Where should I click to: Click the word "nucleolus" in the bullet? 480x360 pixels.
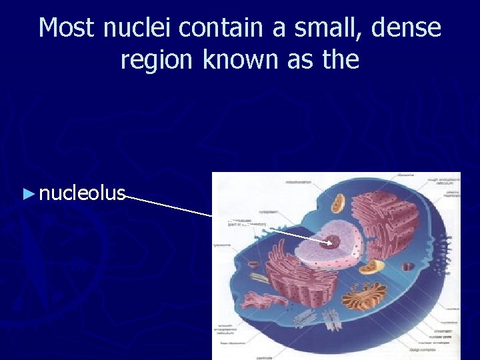82,193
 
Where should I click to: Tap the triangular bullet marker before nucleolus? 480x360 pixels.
27,194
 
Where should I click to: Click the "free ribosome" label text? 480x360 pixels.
230,344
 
